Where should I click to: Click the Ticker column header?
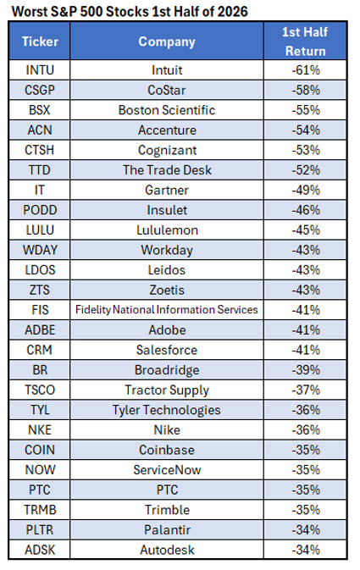pyautogui.click(x=40, y=42)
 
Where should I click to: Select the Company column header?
pyautogui.click(x=167, y=42)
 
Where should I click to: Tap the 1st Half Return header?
pyautogui.click(x=305, y=42)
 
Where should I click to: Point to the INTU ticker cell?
pyautogui.click(x=40, y=69)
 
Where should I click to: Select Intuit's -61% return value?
pyautogui.click(x=306, y=69)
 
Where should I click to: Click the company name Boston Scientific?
pyautogui.click(x=167, y=110)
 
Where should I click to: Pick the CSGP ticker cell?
pyautogui.click(x=40, y=90)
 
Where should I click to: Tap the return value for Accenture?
pyautogui.click(x=306, y=130)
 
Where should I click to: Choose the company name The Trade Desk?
pyautogui.click(x=167, y=169)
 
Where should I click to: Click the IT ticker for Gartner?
pyautogui.click(x=39, y=190)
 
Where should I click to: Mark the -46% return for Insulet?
pyautogui.click(x=306, y=210)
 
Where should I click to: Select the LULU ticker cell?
pyautogui.click(x=40, y=230)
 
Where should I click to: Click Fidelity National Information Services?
pyautogui.click(x=167, y=310)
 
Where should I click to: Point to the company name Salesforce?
pyautogui.click(x=167, y=350)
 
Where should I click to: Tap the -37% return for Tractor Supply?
pyautogui.click(x=306, y=390)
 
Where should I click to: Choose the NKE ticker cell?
pyautogui.click(x=40, y=429)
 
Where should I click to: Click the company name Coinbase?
pyautogui.click(x=167, y=450)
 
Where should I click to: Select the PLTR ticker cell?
pyautogui.click(x=40, y=529)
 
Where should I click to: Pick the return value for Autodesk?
pyautogui.click(x=306, y=550)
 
